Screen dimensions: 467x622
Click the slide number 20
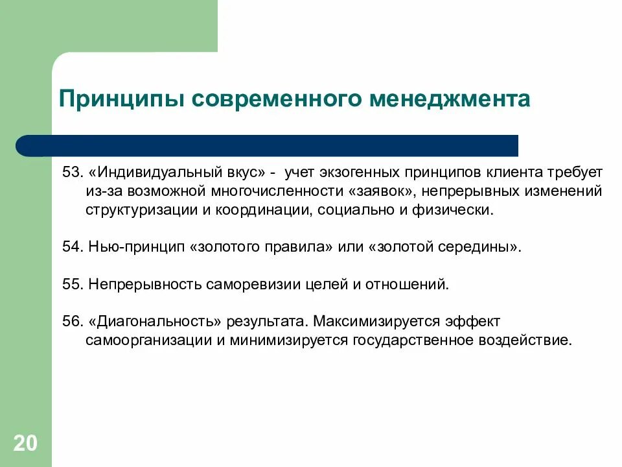coord(25,444)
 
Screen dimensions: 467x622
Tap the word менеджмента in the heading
coord(450,100)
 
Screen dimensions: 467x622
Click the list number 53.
coord(71,173)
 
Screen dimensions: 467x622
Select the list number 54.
coord(71,248)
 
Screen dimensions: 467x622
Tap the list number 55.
coord(71,285)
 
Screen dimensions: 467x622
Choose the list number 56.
coord(71,322)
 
